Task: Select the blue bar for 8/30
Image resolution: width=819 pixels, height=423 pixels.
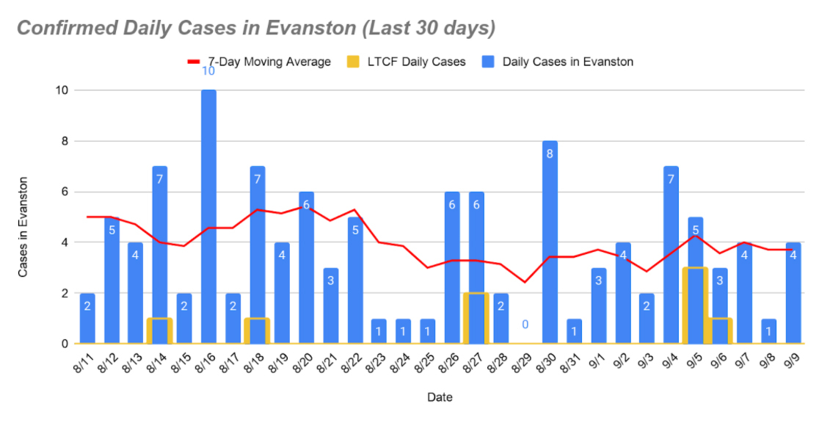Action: pos(550,242)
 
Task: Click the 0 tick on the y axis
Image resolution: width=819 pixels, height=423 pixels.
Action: pos(64,344)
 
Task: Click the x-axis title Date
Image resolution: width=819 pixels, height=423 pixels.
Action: pos(440,398)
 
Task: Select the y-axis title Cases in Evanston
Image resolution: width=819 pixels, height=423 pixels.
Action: pos(23,227)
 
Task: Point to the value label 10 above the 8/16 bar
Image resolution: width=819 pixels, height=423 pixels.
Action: pos(208,70)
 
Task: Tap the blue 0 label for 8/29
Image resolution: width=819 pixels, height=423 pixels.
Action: pos(525,325)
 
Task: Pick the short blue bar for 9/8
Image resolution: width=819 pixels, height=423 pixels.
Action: pos(768,331)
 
